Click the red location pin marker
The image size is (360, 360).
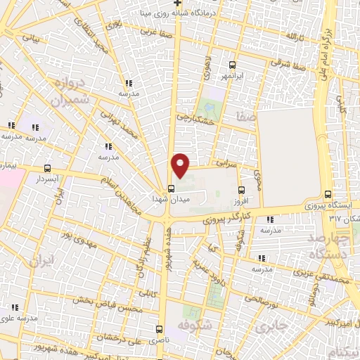[x=181, y=166]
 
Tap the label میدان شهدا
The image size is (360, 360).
[x=167, y=200]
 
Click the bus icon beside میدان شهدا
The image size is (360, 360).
[x=171, y=188]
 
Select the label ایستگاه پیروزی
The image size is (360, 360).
[x=327, y=207]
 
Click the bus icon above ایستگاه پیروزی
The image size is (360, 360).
[x=328, y=195]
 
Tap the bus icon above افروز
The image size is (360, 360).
[x=241, y=190]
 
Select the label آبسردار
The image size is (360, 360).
[x=47, y=179]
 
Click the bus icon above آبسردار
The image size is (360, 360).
[x=47, y=168]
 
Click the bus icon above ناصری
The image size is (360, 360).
[x=159, y=329]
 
